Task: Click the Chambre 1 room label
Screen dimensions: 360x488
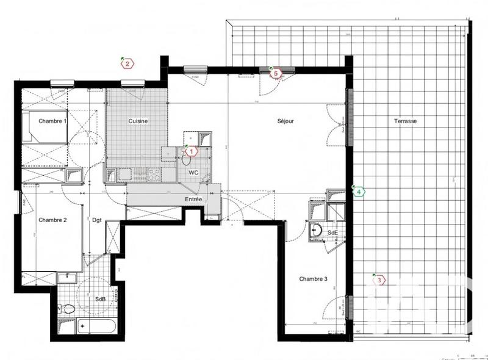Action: pos(52,121)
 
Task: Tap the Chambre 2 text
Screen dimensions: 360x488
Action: pos(52,220)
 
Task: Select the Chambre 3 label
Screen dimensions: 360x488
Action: pos(314,279)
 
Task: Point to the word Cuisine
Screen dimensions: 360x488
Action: pos(137,121)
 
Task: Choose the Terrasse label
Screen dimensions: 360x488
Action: pos(405,121)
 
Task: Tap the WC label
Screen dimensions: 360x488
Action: pos(194,172)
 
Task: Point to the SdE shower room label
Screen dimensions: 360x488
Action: pos(332,232)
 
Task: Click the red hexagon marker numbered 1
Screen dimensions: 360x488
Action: pos(191,150)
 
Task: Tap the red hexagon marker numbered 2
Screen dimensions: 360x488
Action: pos(127,63)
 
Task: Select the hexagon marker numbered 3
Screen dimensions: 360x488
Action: pos(379,280)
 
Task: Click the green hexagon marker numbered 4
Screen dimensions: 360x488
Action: pos(360,192)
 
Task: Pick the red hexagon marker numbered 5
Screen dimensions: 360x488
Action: pos(275,73)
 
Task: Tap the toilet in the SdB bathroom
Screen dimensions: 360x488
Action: pos(69,309)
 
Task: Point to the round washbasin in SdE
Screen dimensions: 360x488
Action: pos(317,231)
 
